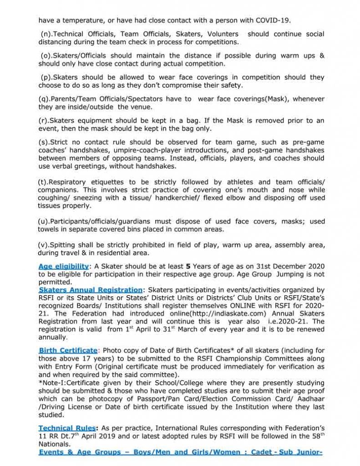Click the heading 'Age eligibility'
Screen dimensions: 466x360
tap(63, 266)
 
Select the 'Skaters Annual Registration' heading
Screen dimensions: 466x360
tap(91, 290)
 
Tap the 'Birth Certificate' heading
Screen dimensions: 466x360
tap(68, 350)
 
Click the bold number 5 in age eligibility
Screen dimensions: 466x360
tap(187, 266)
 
